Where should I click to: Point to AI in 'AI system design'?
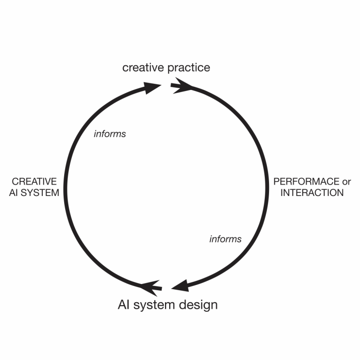click(x=123, y=305)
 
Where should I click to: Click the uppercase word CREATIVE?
click(x=34, y=181)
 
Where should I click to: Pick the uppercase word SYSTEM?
click(x=40, y=192)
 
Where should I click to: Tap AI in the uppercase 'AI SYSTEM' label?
click(x=14, y=192)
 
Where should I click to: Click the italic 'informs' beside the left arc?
click(x=110, y=134)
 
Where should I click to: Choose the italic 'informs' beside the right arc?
click(x=225, y=239)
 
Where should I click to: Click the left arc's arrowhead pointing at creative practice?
click(x=152, y=87)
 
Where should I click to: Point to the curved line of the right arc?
click(x=267, y=187)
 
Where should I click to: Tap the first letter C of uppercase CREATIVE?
click(x=15, y=181)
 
